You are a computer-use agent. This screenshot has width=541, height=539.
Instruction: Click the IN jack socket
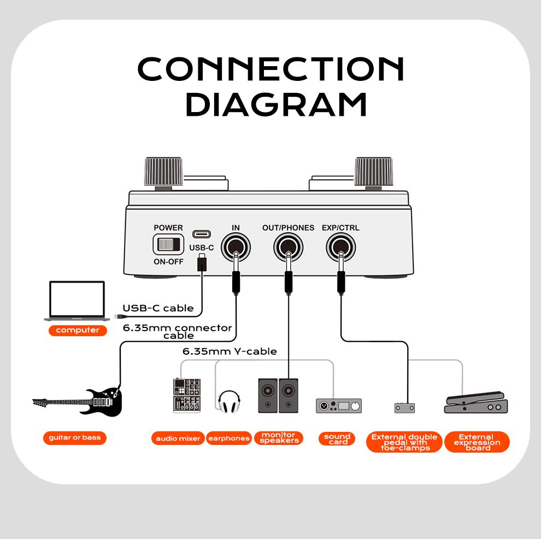pos(236,248)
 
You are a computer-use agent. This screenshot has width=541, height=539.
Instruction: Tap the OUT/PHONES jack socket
pos(288,248)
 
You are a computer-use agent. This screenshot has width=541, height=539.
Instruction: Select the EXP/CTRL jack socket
pos(340,248)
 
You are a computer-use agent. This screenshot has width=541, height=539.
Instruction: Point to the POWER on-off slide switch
pos(168,244)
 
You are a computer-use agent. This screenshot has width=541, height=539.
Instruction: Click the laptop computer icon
pos(77,301)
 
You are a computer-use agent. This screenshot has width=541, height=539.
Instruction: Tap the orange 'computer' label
pos(78,330)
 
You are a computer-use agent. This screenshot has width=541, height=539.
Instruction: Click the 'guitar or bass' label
pos(75,437)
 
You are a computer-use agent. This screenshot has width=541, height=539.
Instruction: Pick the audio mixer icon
pos(186,395)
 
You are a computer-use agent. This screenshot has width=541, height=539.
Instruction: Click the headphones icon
pos(229,402)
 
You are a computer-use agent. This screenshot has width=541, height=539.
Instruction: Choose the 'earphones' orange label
pos(229,438)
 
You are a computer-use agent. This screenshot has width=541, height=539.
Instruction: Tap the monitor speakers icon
pos(279,395)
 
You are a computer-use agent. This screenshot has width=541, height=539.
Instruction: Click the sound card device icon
pos(339,406)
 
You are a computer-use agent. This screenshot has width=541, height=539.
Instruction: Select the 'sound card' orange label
pos(337,438)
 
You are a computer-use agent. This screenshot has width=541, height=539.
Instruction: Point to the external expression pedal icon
pos(476,402)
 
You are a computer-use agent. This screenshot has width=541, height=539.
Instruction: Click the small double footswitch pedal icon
pos(404,407)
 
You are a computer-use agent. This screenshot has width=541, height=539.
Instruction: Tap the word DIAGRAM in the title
pos(275,104)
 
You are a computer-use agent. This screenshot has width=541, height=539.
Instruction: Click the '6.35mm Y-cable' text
pos(230,351)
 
